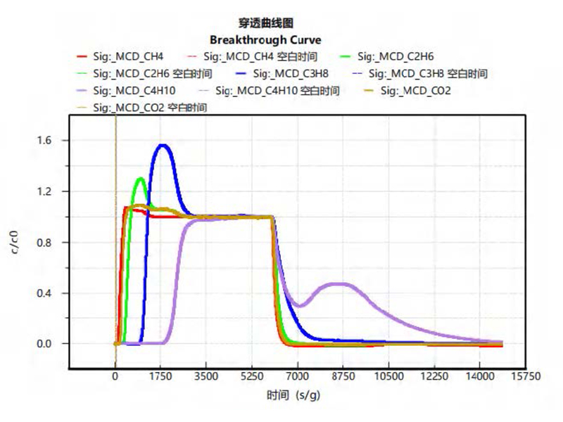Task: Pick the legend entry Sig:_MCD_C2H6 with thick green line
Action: (x=391, y=56)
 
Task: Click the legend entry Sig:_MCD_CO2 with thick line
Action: (x=415, y=91)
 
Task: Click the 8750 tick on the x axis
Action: (x=343, y=376)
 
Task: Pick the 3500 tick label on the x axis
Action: (x=207, y=376)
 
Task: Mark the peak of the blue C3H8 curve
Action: (x=163, y=146)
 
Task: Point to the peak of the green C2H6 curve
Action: (x=141, y=179)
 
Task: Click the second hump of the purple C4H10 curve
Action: (x=341, y=284)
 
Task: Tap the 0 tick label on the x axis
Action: (x=115, y=376)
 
